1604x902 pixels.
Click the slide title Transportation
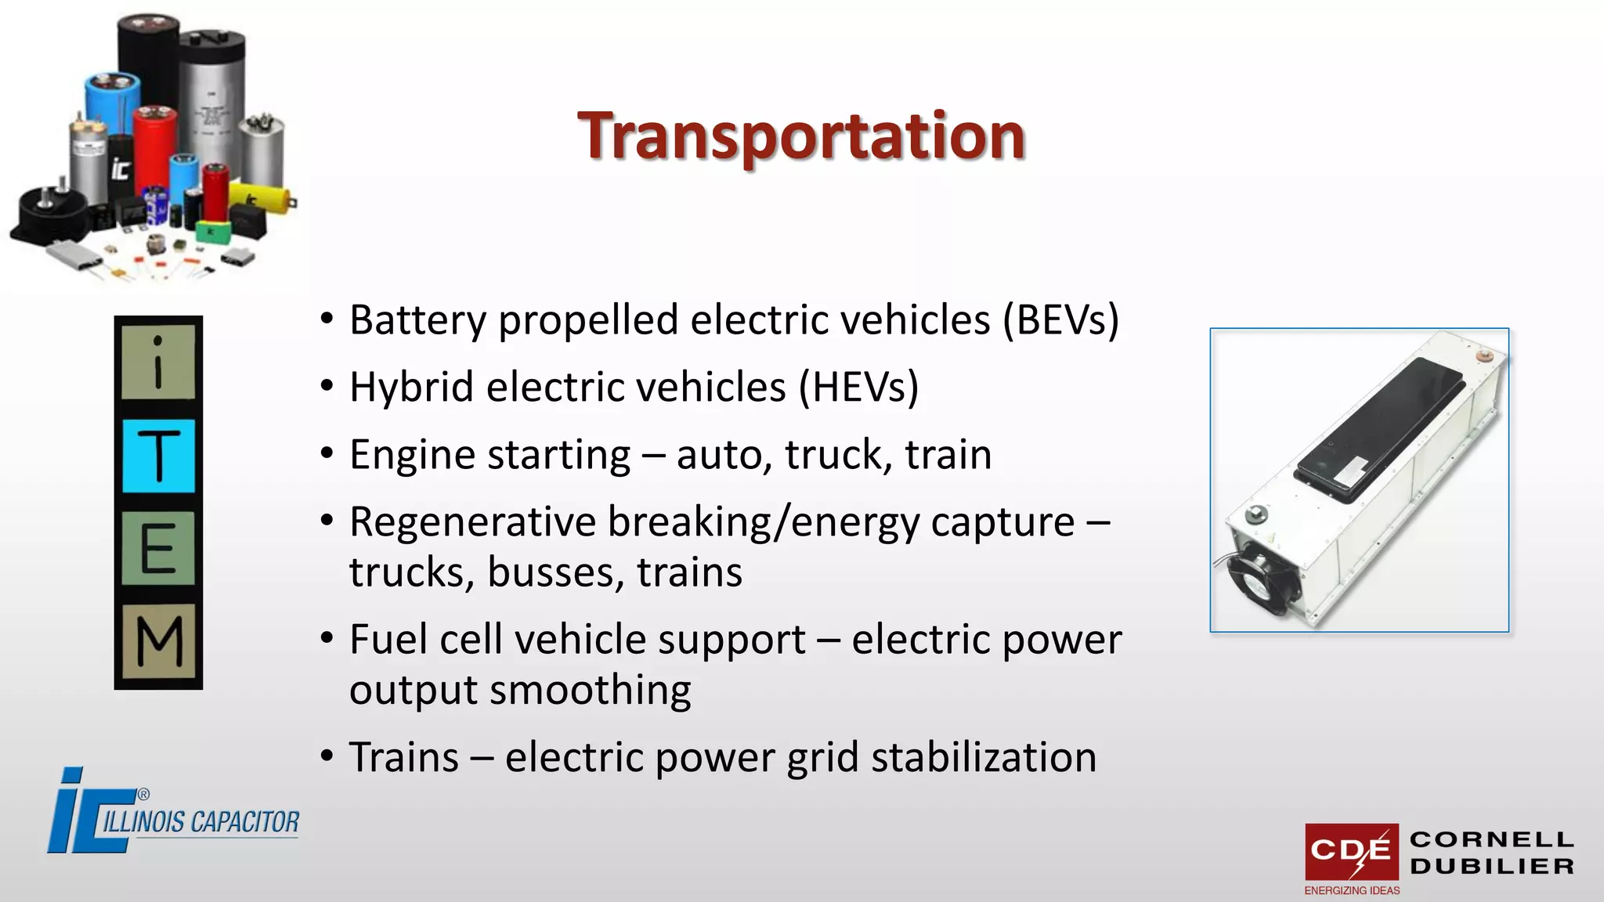(x=801, y=136)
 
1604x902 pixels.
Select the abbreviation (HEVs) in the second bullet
(x=858, y=388)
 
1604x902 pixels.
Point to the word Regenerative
(x=472, y=522)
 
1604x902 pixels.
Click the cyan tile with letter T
(x=158, y=456)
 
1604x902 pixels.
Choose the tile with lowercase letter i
(x=158, y=363)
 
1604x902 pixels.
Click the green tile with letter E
(x=158, y=548)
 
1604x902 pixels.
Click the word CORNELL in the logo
(x=1492, y=839)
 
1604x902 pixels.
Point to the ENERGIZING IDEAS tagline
(x=1352, y=890)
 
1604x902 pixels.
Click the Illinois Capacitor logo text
(x=200, y=822)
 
